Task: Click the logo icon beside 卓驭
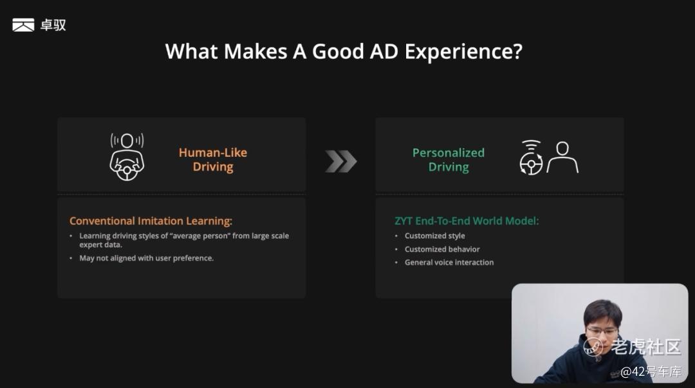(23, 25)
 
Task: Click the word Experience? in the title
(463, 52)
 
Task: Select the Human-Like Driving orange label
(213, 159)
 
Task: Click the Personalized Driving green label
(448, 159)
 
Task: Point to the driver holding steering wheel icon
(127, 157)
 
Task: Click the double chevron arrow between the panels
(341, 161)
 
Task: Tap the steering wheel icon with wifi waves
(531, 158)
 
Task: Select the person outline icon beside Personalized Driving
(562, 157)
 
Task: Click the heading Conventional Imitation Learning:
(151, 221)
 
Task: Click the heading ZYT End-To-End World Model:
(467, 221)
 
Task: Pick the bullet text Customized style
(435, 236)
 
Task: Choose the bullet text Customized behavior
(442, 249)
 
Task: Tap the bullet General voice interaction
(449, 262)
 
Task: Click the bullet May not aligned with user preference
(146, 258)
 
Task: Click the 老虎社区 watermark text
(646, 347)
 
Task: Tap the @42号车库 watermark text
(651, 372)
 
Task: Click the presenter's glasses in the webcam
(602, 331)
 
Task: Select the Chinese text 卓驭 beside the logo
(53, 25)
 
